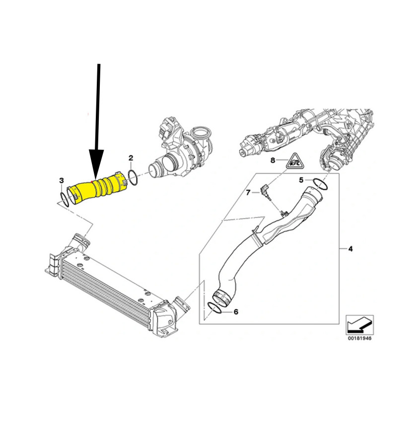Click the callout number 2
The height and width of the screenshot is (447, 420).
(x=131, y=158)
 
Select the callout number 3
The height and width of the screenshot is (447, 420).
(x=62, y=180)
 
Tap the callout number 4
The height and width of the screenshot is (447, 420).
(x=350, y=249)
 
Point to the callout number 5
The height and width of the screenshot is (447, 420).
(x=301, y=180)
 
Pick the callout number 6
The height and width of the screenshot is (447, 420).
(x=236, y=312)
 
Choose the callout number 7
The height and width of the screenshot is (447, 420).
(x=248, y=193)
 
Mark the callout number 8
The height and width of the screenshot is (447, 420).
(x=273, y=160)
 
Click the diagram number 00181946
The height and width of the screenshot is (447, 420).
(x=359, y=338)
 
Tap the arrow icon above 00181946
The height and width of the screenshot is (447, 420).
(x=359, y=325)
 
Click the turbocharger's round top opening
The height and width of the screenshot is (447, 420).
(x=202, y=134)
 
